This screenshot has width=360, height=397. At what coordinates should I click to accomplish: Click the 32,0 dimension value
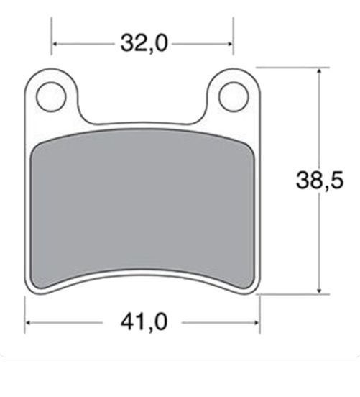click(144, 44)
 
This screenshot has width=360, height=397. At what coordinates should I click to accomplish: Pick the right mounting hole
click(233, 96)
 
